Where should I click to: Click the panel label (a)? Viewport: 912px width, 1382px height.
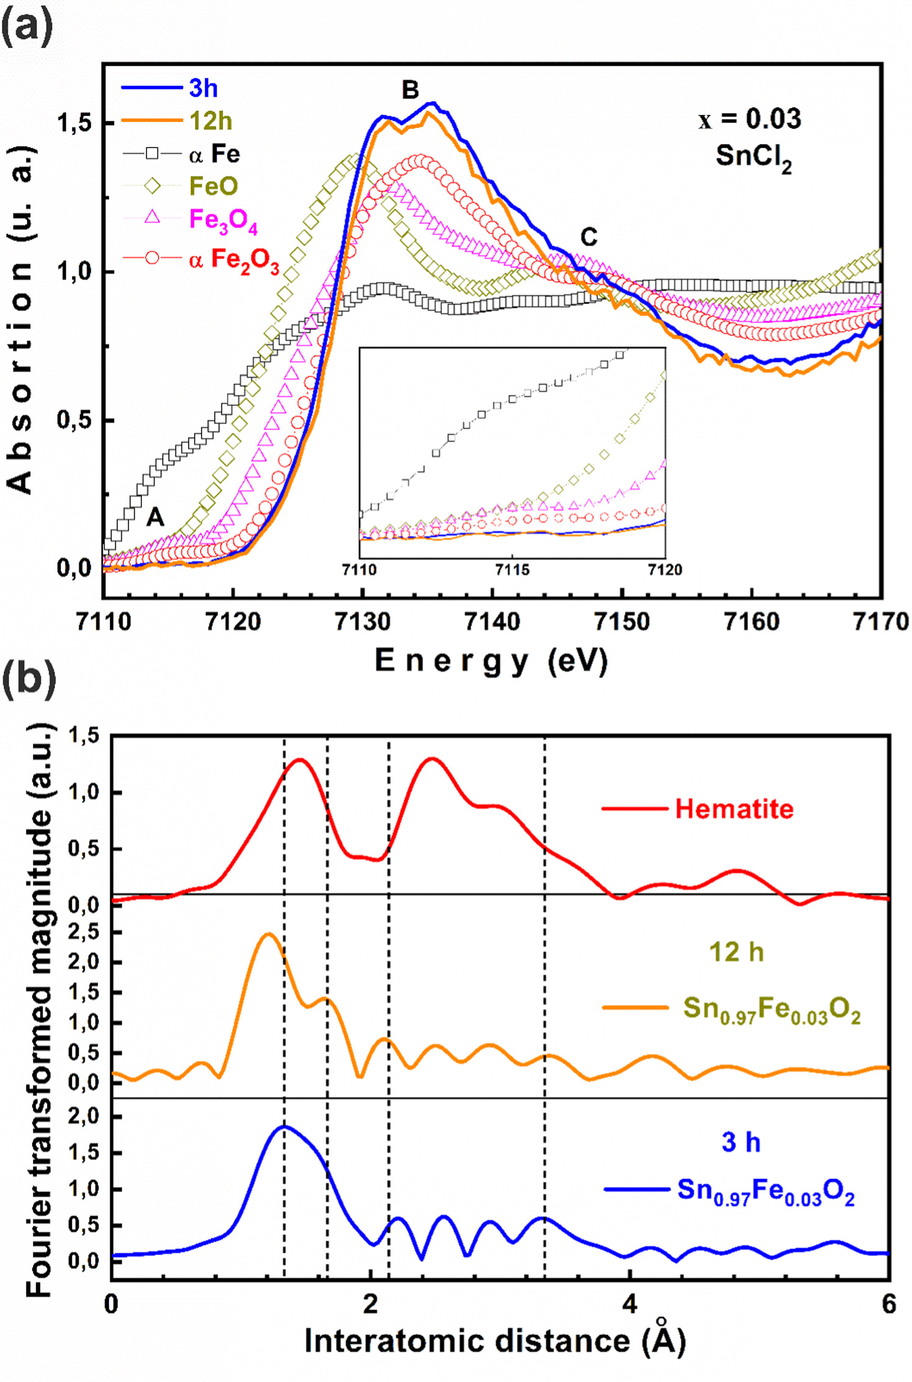(x=27, y=27)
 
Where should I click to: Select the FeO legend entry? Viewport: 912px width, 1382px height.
(x=213, y=186)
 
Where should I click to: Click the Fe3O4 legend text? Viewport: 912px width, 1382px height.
(x=223, y=221)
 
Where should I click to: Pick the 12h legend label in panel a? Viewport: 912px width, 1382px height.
(x=210, y=121)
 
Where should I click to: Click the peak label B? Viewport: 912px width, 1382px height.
(x=410, y=90)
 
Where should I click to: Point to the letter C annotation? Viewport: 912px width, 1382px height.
(x=588, y=237)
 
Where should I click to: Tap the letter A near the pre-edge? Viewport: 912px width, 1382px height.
(x=155, y=517)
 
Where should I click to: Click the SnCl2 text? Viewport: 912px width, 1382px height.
(x=753, y=157)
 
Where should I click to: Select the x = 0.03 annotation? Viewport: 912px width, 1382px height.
(x=750, y=119)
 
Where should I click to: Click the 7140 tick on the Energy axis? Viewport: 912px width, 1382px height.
(x=492, y=622)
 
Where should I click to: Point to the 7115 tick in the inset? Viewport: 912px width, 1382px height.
(x=512, y=570)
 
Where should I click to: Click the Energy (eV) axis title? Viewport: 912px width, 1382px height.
(x=491, y=661)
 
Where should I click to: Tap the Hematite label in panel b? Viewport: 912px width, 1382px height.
(x=734, y=809)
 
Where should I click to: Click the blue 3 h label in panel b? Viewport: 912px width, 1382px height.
(x=741, y=1142)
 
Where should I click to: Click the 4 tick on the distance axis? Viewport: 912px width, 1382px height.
(x=630, y=1304)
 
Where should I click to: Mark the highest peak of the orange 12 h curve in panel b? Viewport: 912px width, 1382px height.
(x=268, y=934)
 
